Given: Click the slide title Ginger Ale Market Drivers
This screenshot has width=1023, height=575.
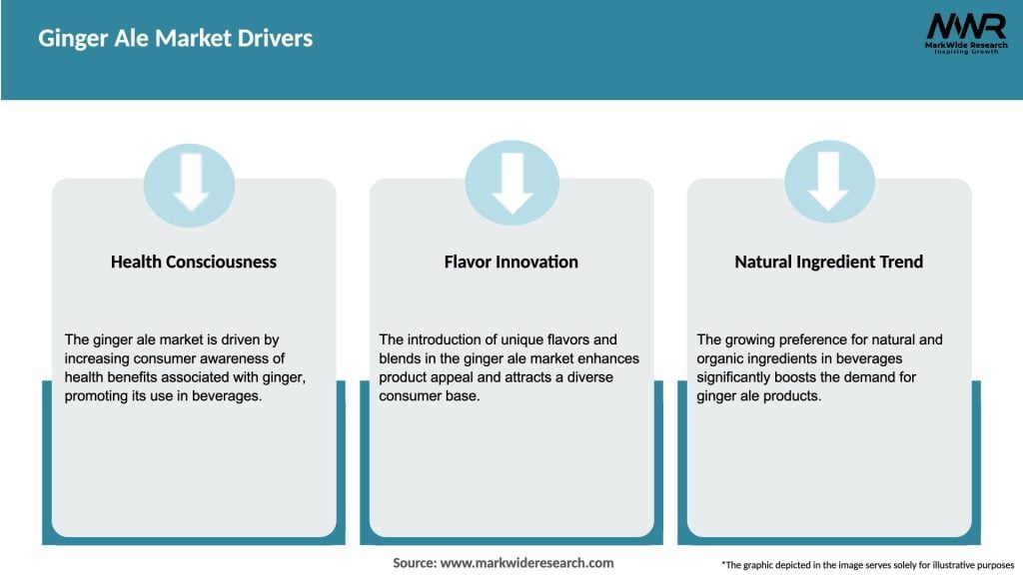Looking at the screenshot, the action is click(x=176, y=39).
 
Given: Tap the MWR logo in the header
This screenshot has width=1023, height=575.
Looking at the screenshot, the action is click(x=966, y=33).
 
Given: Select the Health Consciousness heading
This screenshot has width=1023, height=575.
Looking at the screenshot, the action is click(x=194, y=263).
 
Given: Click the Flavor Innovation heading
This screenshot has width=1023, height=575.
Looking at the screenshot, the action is click(x=511, y=263).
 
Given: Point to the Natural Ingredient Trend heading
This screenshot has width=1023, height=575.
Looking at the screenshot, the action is click(x=828, y=263).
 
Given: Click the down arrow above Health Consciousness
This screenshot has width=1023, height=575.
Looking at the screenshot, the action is click(x=191, y=182).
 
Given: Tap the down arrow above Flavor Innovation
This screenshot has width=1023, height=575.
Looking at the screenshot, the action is click(x=512, y=184).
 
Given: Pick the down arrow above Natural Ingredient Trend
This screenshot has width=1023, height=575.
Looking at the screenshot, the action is click(x=828, y=182).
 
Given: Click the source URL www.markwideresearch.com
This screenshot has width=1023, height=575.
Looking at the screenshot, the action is click(x=526, y=563).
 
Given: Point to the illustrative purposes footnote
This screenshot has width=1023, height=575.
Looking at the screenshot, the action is click(x=868, y=565).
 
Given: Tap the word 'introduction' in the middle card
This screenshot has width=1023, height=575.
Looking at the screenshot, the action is click(x=445, y=339).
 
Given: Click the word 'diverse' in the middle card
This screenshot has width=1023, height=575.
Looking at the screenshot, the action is click(x=590, y=377).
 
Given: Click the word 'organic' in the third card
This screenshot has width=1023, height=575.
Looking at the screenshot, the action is click(x=719, y=359).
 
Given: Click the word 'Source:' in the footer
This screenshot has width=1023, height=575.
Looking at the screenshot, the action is click(x=415, y=563).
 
